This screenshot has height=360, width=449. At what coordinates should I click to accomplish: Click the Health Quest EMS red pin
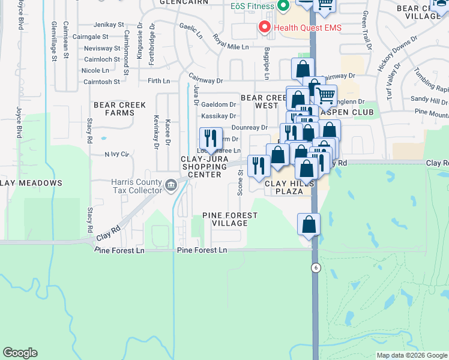point(264,27)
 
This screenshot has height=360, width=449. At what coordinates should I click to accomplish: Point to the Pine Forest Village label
point(225,219)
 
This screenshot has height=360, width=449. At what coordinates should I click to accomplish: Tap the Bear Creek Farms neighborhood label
point(119,109)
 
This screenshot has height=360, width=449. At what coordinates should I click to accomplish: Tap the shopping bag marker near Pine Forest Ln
point(309,224)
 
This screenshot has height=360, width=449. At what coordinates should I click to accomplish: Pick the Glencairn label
point(184,2)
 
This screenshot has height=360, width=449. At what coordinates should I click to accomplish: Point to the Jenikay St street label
point(109,25)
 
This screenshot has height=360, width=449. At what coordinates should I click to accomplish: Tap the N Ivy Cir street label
point(117,154)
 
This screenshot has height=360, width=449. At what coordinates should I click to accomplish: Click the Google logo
point(20,352)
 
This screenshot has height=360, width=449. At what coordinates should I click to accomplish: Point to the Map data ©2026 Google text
point(412,355)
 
